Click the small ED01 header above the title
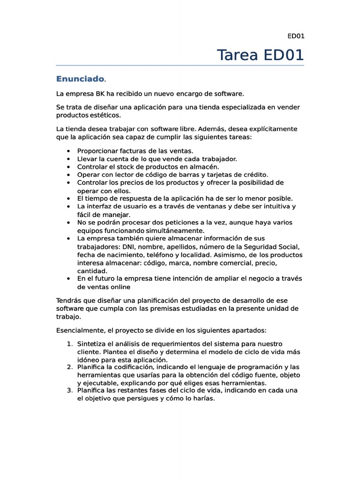(295, 36)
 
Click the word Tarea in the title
(238, 55)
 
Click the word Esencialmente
(78, 330)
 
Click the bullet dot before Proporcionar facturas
(69, 151)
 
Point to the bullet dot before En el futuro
(69, 279)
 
